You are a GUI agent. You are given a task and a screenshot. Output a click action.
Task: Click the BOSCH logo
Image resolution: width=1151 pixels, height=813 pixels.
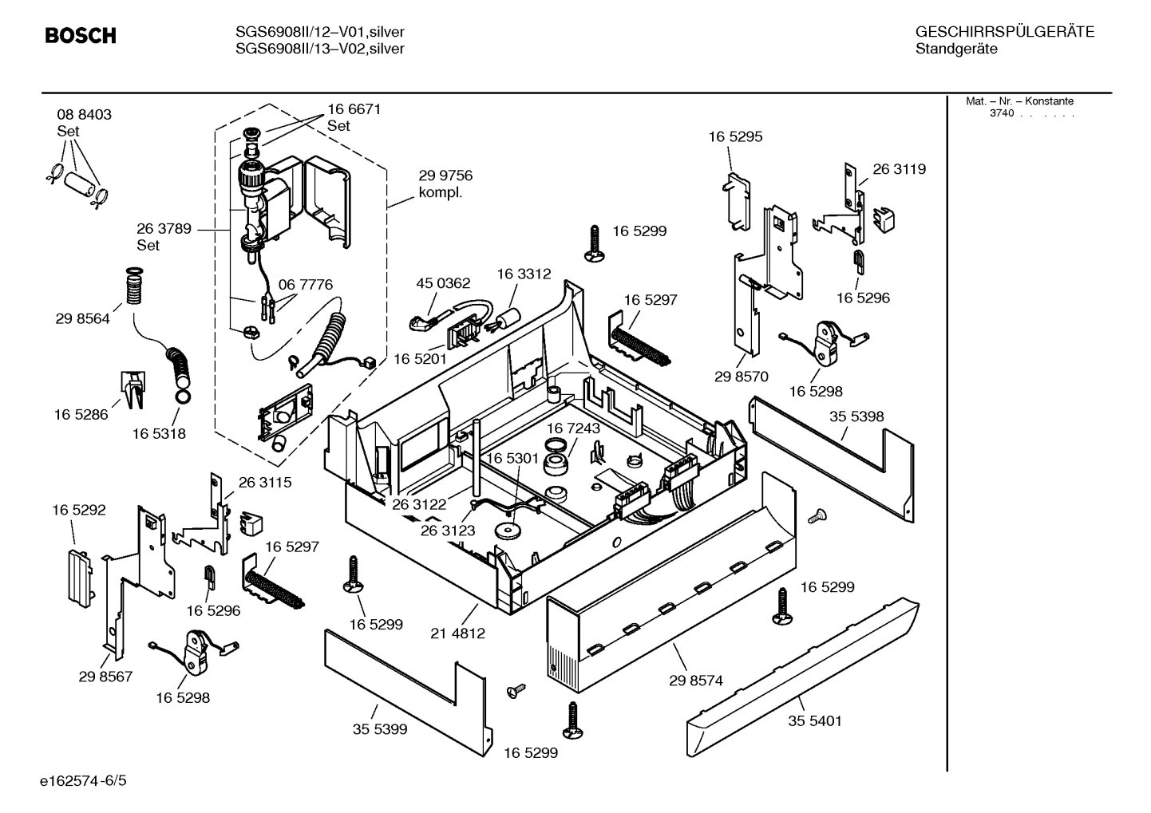coord(80,36)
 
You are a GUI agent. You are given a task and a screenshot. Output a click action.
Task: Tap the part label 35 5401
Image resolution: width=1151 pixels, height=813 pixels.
coord(815,721)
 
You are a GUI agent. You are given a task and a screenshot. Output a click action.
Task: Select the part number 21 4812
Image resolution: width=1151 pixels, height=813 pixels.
coord(457,633)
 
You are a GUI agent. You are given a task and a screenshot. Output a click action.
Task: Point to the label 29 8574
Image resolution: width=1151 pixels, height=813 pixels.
coord(695,681)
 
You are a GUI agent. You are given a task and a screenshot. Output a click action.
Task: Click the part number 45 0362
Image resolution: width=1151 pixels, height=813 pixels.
coord(443,283)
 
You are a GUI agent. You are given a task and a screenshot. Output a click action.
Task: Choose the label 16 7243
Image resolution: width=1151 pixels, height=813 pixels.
coord(573,428)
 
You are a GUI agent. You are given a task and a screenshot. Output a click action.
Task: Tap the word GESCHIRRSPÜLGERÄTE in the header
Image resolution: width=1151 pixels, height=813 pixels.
coord(1004,32)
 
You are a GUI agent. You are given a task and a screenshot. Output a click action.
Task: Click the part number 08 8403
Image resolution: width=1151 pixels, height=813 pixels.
coord(84,115)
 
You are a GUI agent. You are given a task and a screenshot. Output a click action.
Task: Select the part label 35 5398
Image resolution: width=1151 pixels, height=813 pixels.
coord(856,416)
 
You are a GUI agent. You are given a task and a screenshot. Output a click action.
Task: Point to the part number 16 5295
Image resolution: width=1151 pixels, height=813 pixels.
coord(735,136)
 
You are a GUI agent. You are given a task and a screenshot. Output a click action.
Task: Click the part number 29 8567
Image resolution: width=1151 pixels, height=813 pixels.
coord(105,677)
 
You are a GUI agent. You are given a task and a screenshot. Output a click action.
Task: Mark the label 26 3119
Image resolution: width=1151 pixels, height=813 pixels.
coord(899,169)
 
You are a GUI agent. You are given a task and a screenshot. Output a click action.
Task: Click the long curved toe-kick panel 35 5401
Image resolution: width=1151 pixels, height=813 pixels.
coord(798,670)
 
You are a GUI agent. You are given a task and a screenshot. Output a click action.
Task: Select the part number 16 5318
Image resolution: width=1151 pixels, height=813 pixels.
coord(159,433)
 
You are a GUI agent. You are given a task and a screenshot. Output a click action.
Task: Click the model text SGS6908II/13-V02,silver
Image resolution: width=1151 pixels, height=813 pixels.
coord(319,49)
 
